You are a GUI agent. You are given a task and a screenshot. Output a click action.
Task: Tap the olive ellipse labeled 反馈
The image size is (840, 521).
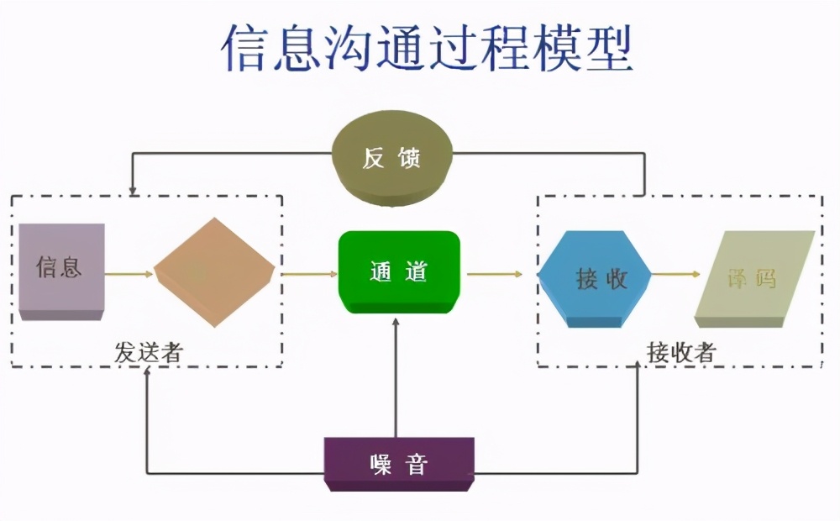click(392, 158)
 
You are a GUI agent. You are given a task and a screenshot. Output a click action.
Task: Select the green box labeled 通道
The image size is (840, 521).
click(399, 272)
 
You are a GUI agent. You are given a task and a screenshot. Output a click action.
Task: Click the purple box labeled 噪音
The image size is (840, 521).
click(399, 464)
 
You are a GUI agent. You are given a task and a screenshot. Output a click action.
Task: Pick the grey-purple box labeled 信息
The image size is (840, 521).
click(60, 269)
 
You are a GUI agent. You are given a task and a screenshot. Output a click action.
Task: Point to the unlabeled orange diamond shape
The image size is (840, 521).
click(214, 272)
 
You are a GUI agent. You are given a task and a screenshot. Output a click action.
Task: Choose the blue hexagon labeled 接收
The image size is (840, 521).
click(596, 278)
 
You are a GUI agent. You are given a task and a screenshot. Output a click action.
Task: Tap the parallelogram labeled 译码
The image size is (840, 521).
click(754, 277)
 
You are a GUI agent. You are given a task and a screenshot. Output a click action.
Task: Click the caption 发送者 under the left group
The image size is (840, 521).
click(149, 353)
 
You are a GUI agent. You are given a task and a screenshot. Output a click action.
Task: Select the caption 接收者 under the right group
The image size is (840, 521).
click(680, 353)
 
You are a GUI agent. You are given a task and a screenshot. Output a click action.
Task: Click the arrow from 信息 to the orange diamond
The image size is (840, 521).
click(129, 273)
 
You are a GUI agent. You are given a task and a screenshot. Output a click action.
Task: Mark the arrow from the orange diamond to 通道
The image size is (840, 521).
click(306, 273)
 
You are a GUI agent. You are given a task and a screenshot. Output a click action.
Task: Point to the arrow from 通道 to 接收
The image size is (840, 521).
click(495, 274)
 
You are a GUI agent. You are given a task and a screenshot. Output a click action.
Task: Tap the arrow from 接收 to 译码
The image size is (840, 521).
click(676, 274)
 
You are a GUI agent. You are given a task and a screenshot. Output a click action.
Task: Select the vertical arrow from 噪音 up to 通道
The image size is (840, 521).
click(396, 378)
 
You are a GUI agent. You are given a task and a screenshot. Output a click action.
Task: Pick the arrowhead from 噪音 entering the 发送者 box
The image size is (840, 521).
click(147, 372)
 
